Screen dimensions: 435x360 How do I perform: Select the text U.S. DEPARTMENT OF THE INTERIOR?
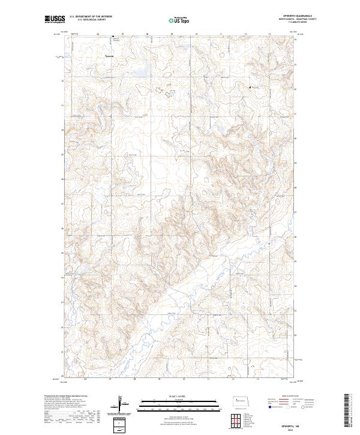click(x=91, y=17)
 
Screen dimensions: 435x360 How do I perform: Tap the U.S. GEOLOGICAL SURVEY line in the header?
click(x=91, y=20)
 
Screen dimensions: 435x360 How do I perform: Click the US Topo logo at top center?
click(x=179, y=20)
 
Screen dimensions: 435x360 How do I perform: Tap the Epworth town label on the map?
click(x=110, y=57)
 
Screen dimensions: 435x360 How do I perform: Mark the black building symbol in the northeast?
click(x=251, y=88)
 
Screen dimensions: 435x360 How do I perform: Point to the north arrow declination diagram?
click(x=121, y=405)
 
